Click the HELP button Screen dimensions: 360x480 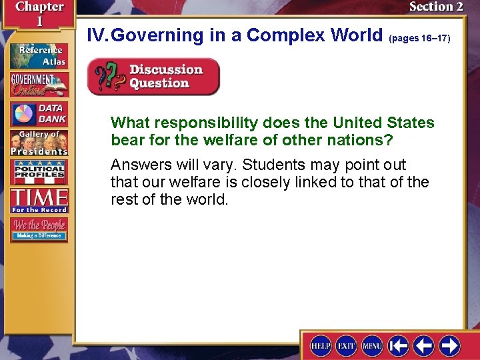321,345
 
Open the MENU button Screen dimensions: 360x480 371,345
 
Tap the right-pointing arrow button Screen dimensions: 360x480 449,345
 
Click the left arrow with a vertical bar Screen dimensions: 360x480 399,345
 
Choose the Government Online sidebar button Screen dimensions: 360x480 39,84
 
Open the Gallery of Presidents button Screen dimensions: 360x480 39,142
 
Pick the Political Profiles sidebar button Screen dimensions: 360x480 39,171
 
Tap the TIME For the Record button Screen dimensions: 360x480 39,200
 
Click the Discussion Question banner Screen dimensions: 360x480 153,77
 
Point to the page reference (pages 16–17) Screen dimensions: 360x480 419,39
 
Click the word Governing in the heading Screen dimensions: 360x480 154,35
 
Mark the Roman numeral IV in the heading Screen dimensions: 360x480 97,35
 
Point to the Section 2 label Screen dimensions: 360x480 435,7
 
